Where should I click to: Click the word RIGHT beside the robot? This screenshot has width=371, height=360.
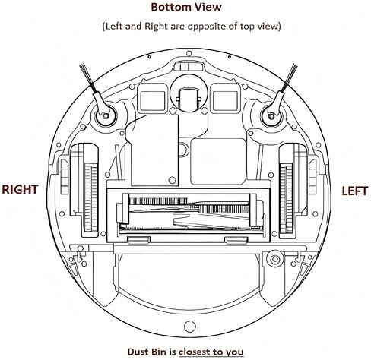coord(20,190)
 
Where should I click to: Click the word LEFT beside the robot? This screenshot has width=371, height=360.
coord(354,191)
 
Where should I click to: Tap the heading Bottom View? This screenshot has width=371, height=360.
coord(186,7)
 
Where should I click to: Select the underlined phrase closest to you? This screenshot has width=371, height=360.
coord(211,352)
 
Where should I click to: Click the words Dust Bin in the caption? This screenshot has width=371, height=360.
coord(147,352)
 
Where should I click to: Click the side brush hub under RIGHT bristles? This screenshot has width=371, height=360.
coord(106,116)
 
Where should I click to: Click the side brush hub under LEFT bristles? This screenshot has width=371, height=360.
coord(271,116)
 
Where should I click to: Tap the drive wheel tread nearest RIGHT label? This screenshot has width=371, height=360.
coord(90,197)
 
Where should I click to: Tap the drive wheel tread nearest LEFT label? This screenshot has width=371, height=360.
coord(287,197)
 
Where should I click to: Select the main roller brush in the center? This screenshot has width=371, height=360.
coord(189,212)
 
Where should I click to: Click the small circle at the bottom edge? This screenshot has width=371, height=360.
coord(190,327)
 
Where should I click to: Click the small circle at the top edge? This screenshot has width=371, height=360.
coord(189,53)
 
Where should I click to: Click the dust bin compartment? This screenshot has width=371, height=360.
coord(189,281)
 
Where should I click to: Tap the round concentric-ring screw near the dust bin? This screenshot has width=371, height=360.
coord(275,260)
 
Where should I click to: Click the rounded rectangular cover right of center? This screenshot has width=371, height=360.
coord(218,162)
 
